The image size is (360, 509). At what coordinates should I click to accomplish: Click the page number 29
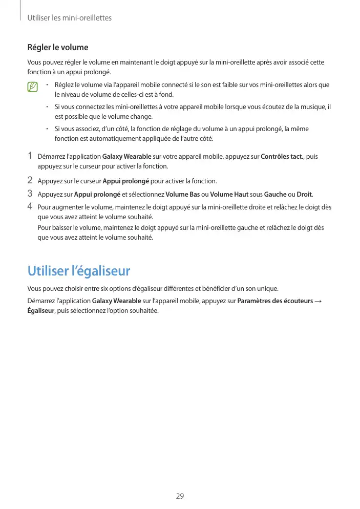[x=180, y=496]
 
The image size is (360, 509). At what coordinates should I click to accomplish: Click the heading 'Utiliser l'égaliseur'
[x=78, y=270]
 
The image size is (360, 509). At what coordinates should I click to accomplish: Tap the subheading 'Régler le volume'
[x=57, y=48]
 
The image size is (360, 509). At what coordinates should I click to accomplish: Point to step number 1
[x=30, y=156]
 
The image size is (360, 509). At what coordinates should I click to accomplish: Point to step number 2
[x=30, y=180]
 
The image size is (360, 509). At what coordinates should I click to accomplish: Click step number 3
[x=30, y=194]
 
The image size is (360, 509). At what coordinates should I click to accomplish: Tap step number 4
[x=30, y=206]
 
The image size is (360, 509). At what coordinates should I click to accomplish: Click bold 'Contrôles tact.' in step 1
[x=282, y=157]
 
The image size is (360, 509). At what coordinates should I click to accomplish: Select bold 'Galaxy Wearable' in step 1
[x=126, y=157]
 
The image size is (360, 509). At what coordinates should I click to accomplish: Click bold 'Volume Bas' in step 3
[x=183, y=195]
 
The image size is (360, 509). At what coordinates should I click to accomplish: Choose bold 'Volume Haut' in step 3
[x=229, y=195]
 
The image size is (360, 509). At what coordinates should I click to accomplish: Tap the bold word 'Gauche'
[x=275, y=195]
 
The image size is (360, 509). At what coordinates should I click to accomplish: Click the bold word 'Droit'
[x=304, y=195]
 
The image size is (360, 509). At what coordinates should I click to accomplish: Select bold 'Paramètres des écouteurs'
[x=276, y=301]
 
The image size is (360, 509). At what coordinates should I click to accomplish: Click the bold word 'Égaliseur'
[x=40, y=311]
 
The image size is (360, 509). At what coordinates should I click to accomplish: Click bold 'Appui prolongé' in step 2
[x=125, y=181]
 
